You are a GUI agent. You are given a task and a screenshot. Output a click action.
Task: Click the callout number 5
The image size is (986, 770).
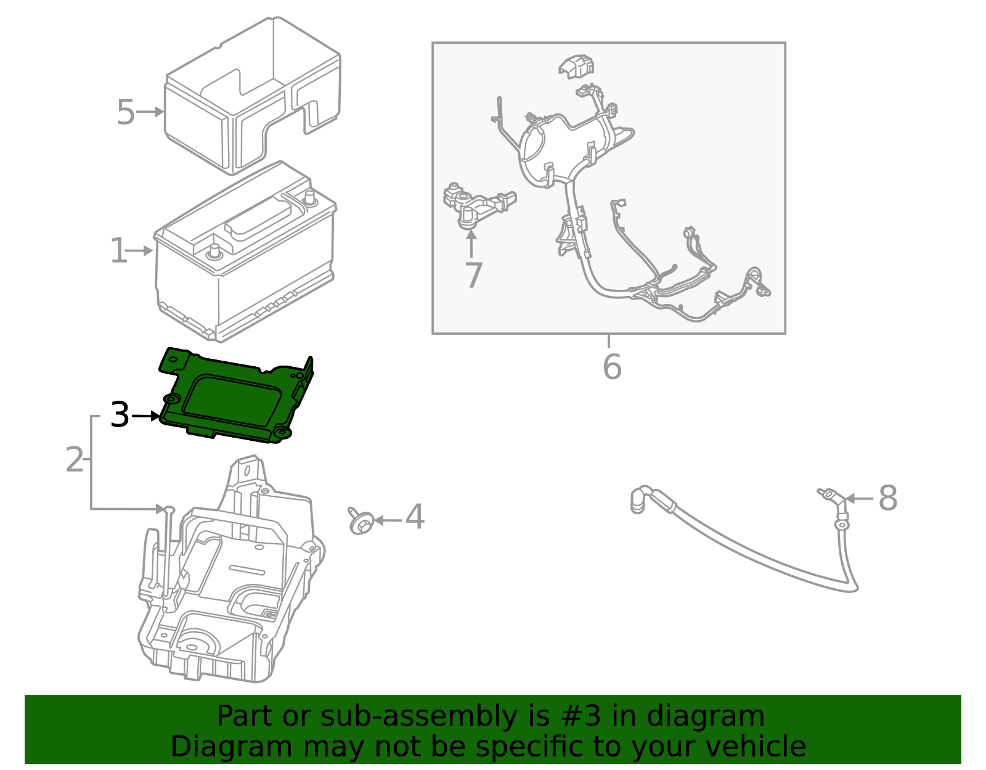125,113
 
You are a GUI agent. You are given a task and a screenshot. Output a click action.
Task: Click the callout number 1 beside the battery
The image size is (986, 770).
118,252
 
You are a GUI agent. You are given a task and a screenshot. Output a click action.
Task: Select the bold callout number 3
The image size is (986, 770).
120,416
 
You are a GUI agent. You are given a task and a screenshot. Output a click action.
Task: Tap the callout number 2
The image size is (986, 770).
74,460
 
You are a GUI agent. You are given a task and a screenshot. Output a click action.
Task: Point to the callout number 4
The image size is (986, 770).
415,517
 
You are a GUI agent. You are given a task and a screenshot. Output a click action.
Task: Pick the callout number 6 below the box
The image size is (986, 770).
611,367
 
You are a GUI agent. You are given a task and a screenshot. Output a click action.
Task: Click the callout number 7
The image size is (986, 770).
473,275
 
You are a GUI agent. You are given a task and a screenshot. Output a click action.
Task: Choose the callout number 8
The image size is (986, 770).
887,498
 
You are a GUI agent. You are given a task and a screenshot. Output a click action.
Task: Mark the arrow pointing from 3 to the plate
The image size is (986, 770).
145,416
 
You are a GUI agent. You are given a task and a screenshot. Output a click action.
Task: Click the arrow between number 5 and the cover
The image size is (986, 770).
150,112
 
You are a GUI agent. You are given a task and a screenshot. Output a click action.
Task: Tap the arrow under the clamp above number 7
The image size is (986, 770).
471,244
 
